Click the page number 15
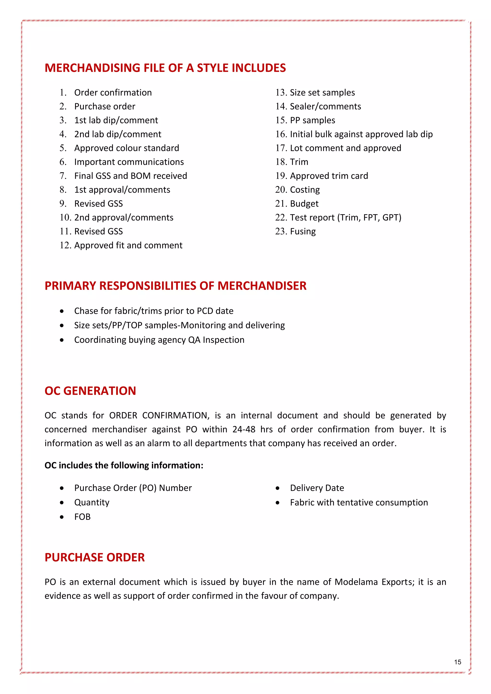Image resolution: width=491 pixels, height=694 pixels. [x=457, y=662]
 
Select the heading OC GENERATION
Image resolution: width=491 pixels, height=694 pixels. [x=90, y=391]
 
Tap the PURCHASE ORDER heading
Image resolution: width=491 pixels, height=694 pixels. [x=95, y=557]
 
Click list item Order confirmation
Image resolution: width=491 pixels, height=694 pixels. [x=113, y=93]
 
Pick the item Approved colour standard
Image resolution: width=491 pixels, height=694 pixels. [x=126, y=148]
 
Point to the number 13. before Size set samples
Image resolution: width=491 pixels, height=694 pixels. [x=281, y=93]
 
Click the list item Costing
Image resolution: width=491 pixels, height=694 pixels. [x=304, y=190]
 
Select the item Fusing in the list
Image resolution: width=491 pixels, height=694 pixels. [x=303, y=231]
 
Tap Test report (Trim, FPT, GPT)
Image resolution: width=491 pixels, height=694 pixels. [x=345, y=218]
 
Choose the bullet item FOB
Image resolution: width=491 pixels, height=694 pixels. [x=82, y=517]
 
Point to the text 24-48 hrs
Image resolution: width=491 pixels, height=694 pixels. [x=253, y=429]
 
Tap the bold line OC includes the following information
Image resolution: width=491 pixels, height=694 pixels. [x=124, y=465]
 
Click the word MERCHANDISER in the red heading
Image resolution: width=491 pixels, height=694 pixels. [x=262, y=286]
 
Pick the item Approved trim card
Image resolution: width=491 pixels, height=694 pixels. [x=329, y=176]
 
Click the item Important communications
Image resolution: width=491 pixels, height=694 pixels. [x=129, y=162]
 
